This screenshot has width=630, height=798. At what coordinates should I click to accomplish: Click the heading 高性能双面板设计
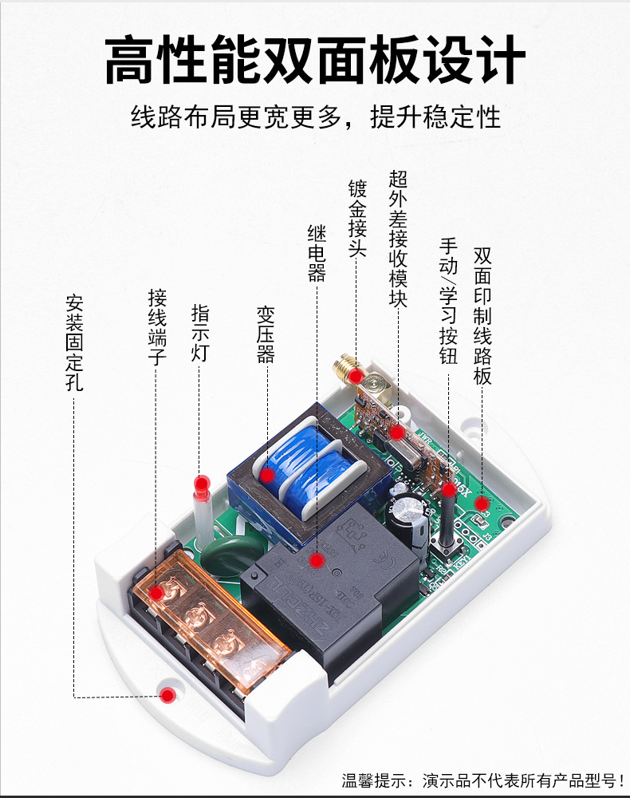[315, 60]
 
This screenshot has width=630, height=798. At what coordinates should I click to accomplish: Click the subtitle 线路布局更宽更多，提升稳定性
[315, 117]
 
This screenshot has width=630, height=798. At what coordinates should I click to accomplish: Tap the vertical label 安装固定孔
[74, 342]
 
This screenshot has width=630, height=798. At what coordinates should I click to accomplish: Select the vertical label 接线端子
[157, 327]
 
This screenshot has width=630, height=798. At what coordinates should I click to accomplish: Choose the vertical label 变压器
[266, 334]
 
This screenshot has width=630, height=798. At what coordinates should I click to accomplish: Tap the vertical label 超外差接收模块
[398, 239]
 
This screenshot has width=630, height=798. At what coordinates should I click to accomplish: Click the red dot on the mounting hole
[167, 695]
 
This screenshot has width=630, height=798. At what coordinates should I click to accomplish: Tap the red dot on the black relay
[316, 561]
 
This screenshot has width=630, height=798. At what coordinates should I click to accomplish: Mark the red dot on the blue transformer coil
[268, 475]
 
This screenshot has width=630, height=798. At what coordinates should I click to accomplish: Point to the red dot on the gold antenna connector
[360, 374]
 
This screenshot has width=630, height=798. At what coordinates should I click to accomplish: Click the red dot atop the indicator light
[203, 483]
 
